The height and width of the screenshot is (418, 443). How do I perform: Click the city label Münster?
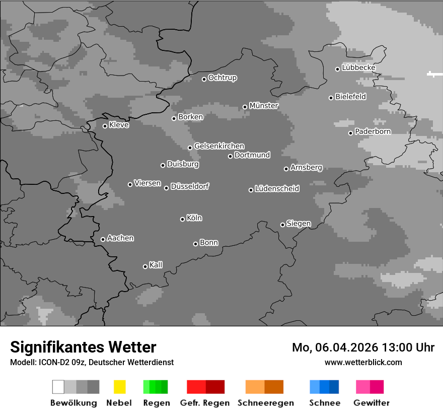pyautogui.click(x=264, y=106)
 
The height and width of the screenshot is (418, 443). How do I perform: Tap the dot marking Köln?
pyautogui.click(x=182, y=219)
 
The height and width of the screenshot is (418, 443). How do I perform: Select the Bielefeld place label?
pyautogui.click(x=350, y=97)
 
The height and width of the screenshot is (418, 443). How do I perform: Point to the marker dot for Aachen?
pyautogui.click(x=103, y=239)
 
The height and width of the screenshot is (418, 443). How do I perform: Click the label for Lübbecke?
pyautogui.click(x=358, y=67)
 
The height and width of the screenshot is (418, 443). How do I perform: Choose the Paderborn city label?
pyautogui.click(x=373, y=132)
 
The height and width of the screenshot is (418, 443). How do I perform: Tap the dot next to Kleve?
pyautogui.click(x=105, y=126)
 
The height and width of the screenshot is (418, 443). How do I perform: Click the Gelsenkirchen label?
pyautogui.click(x=219, y=146)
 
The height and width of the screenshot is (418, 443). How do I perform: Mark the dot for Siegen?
pyautogui.click(x=282, y=225)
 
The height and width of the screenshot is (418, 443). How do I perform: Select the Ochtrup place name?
pyautogui.click(x=222, y=78)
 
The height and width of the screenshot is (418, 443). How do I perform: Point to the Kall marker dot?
pyautogui.click(x=145, y=266)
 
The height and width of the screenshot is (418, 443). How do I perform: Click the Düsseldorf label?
pyautogui.click(x=190, y=186)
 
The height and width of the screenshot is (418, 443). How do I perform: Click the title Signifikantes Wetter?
pyautogui.click(x=83, y=347)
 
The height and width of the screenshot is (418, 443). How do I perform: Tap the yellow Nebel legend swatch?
pyautogui.click(x=119, y=387)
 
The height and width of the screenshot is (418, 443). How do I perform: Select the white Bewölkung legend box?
pyautogui.click(x=58, y=387)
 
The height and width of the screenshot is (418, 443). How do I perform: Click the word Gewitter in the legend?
pyautogui.click(x=372, y=403)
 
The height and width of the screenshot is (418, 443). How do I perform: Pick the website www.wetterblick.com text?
pyautogui.click(x=363, y=362)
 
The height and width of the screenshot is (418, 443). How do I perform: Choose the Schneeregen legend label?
pyautogui.click(x=265, y=403)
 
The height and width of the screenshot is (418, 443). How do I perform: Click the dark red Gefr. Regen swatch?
pyautogui.click(x=215, y=387)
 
